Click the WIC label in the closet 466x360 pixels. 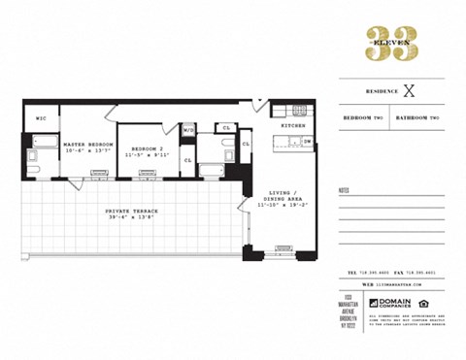point(41,119)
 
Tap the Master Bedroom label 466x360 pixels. point(88,144)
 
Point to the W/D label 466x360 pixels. point(188,128)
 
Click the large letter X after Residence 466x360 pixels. point(409,91)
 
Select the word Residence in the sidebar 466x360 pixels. point(382,91)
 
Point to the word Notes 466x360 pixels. point(345,189)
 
